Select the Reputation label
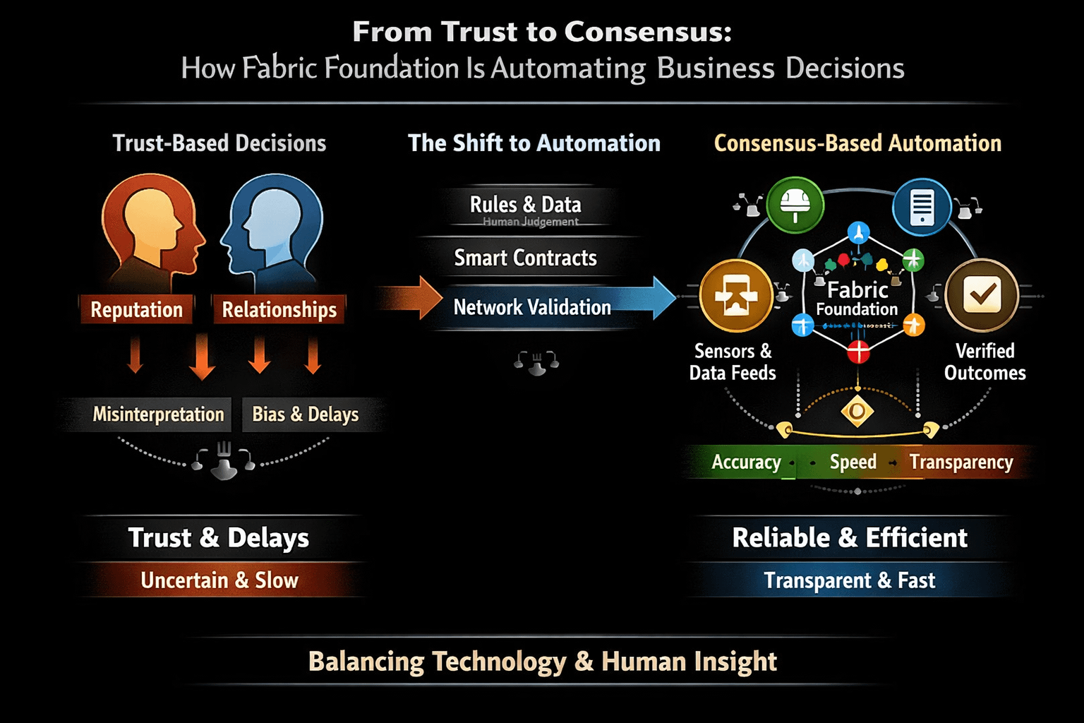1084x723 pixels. click(136, 309)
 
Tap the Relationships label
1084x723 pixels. click(279, 309)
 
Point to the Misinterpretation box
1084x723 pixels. click(158, 414)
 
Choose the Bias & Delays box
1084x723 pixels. click(306, 414)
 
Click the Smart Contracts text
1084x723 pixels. click(525, 258)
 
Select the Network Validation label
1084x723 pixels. click(532, 307)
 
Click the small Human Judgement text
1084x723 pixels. click(531, 222)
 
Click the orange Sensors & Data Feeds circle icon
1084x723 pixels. click(735, 295)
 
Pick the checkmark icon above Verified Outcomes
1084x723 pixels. click(982, 295)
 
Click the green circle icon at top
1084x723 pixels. click(795, 205)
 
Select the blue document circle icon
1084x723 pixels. click(921, 206)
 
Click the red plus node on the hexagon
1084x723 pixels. click(858, 350)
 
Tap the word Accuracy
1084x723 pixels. click(746, 462)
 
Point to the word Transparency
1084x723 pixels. click(960, 462)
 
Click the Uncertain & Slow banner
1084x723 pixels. click(219, 580)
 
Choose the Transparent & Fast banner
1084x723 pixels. click(849, 580)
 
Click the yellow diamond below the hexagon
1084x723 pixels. click(857, 411)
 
